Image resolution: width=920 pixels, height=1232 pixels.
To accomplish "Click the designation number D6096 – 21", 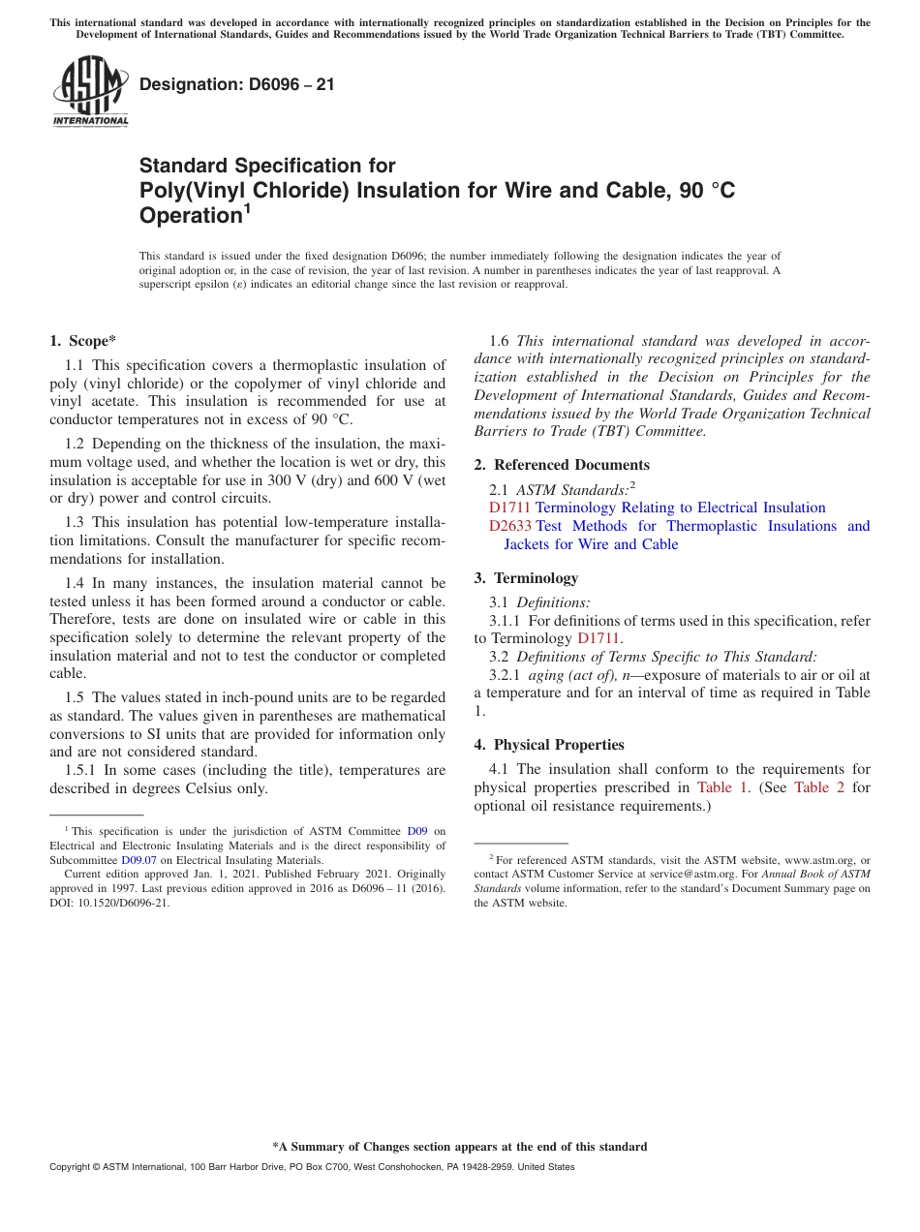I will [x=237, y=84].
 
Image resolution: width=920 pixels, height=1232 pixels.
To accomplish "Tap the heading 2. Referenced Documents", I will [x=562, y=465].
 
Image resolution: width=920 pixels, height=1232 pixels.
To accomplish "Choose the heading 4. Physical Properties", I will [x=549, y=745].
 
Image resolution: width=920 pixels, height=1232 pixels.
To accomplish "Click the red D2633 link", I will [x=510, y=526].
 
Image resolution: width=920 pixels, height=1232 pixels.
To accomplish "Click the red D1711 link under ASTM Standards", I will [x=510, y=508].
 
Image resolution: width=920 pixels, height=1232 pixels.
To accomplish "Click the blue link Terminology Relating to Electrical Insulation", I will [x=680, y=508].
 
